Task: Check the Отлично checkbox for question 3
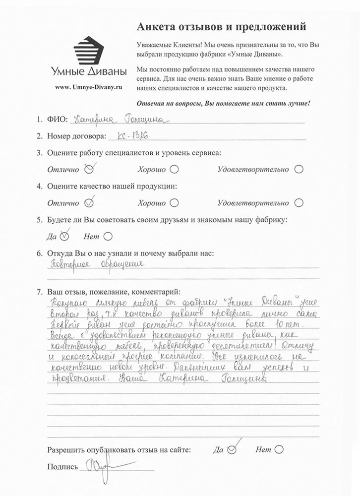[89, 169]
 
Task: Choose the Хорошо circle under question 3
[174, 169]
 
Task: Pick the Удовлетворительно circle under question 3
[299, 169]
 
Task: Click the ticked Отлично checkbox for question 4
[89, 202]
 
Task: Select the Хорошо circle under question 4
[174, 203]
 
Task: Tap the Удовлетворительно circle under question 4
[299, 203]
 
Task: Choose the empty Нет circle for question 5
[109, 236]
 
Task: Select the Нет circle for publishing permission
[278, 450]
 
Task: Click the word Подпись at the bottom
[62, 467]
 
